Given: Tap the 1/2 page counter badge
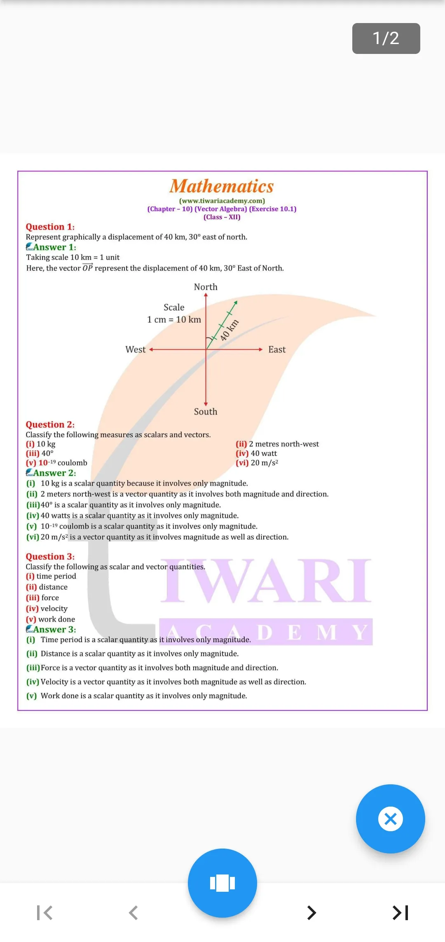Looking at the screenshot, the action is (x=386, y=38).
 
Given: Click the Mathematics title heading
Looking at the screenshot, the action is (x=222, y=186).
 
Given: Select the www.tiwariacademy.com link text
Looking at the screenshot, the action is (x=222, y=201).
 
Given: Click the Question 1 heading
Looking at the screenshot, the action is (x=50, y=226).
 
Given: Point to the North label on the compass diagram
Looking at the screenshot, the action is (x=206, y=287).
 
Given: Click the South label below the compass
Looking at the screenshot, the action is (x=206, y=411).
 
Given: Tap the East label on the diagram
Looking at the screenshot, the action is (x=277, y=350).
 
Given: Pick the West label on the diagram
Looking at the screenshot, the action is (x=136, y=350).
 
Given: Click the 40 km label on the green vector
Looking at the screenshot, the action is (x=229, y=330).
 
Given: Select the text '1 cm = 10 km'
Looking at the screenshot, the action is (x=174, y=319).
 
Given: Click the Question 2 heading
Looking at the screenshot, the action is (x=50, y=424).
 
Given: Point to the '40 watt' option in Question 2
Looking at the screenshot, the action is (x=264, y=453).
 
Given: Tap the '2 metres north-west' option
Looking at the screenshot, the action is (x=284, y=444).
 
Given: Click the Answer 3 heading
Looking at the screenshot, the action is (x=55, y=629).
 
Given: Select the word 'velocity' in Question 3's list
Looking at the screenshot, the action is (x=54, y=609).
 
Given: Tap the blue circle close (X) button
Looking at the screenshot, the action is (x=391, y=819).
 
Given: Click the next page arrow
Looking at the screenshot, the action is (x=311, y=913).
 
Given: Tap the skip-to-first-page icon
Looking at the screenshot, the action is (x=44, y=913).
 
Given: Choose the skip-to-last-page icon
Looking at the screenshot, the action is (x=400, y=913).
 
